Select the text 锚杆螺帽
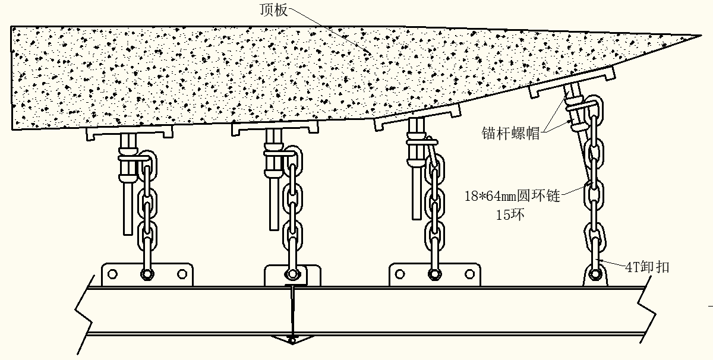click(510, 134)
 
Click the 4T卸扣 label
click(646, 267)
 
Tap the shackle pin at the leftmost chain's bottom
click(146, 274)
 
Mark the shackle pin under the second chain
click(291, 274)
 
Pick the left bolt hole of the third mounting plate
click(400, 274)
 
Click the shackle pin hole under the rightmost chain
click(595, 274)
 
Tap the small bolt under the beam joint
click(291, 340)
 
